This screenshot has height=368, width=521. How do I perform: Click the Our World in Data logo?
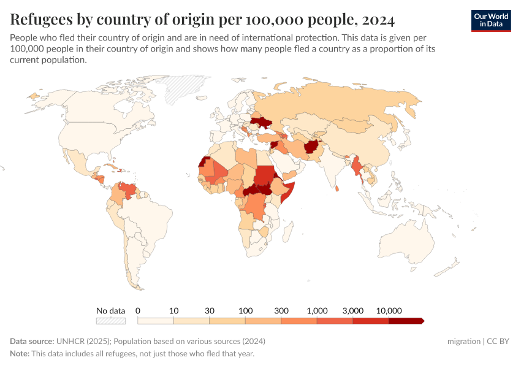point(490,20)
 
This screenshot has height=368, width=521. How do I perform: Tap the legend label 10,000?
point(389,310)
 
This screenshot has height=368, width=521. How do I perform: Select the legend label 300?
point(281,310)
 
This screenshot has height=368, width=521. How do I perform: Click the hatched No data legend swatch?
point(111,321)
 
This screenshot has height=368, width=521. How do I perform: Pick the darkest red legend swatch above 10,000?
point(405,321)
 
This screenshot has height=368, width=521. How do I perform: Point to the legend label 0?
point(138,310)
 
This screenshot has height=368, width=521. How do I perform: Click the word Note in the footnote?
point(20,354)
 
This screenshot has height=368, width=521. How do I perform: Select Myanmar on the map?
point(356,167)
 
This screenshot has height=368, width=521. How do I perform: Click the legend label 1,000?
point(317,310)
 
